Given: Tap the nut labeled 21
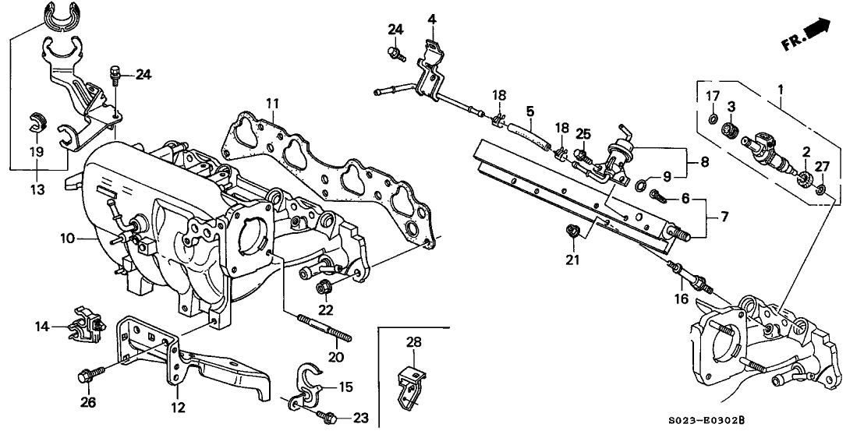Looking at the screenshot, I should pyautogui.click(x=571, y=230).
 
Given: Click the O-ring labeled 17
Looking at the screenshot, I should pyautogui.click(x=711, y=118).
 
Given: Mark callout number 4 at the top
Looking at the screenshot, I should pyautogui.click(x=431, y=19).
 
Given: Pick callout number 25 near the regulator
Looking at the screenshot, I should pyautogui.click(x=581, y=134).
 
